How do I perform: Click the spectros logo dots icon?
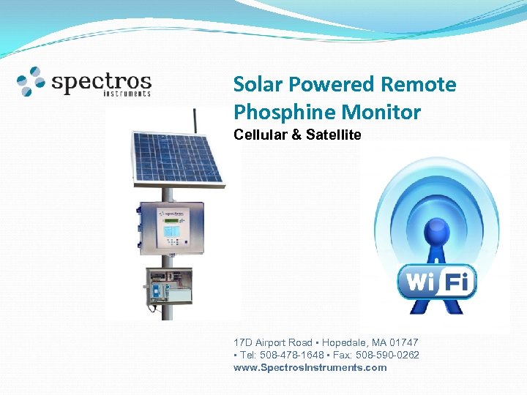(x=31, y=81)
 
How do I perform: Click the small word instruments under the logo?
(x=127, y=94)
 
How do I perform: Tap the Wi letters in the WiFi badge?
(x=420, y=282)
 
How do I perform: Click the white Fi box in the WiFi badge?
(x=458, y=281)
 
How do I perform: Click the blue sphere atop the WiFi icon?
(x=438, y=234)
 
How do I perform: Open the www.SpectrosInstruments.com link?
(x=310, y=367)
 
